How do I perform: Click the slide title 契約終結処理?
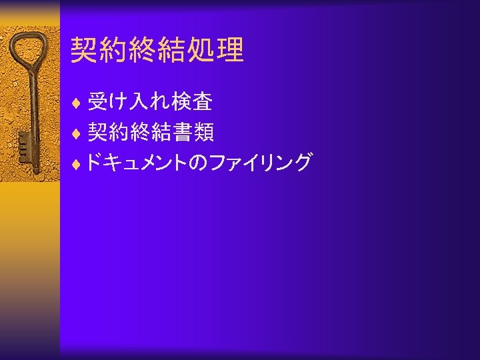tap(157, 50)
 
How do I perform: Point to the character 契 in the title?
tap(85, 50)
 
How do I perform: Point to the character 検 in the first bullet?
tap(180, 103)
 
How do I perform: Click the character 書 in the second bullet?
tap(180, 133)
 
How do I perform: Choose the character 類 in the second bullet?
tap(203, 133)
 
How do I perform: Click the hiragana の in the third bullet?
tap(199, 163)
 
